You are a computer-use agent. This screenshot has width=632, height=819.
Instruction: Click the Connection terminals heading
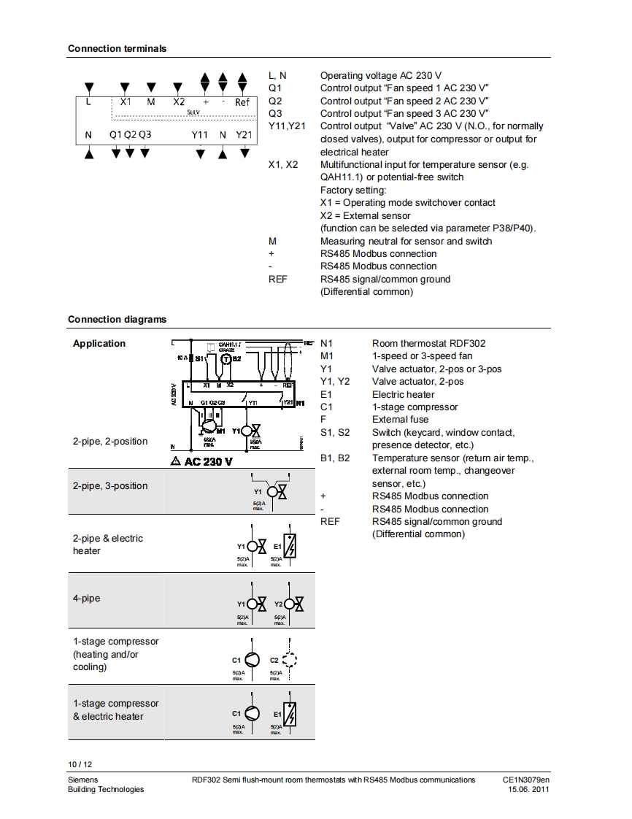[x=117, y=49]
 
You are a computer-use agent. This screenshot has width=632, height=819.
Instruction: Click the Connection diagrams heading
[x=117, y=319]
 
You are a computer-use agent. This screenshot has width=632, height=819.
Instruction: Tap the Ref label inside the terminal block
[x=242, y=102]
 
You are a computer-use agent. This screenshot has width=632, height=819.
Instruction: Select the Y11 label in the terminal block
[x=200, y=135]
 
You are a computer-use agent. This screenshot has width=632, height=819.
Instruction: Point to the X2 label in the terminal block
[x=180, y=102]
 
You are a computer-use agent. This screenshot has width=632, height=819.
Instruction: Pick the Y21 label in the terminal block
[x=244, y=135]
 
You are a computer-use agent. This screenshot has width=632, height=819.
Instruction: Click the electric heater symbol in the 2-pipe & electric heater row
[x=290, y=545]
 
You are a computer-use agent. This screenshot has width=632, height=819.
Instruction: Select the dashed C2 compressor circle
[x=290, y=660]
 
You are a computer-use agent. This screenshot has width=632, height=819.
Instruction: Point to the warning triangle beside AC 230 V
[x=175, y=461]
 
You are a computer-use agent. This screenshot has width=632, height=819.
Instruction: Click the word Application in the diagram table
[x=99, y=344]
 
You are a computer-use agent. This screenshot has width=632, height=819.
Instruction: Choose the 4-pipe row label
[x=86, y=599]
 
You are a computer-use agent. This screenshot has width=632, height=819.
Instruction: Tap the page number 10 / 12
[x=80, y=764]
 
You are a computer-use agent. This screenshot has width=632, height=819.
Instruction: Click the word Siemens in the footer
[x=83, y=780]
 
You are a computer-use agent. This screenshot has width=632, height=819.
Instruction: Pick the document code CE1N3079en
[x=525, y=780]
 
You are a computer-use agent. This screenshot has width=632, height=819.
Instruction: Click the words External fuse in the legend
[x=400, y=420]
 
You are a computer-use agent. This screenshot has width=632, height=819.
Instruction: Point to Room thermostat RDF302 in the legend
[x=428, y=344]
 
